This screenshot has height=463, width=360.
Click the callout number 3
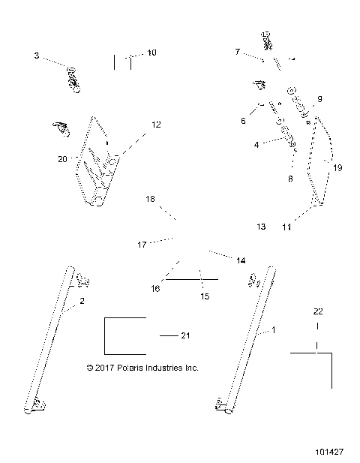point(36,56)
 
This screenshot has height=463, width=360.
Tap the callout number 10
point(151,53)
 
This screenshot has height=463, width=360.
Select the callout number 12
point(156,125)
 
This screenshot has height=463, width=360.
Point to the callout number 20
point(62,159)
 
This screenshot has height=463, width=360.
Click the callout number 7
point(237,52)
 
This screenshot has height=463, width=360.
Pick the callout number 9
point(319,99)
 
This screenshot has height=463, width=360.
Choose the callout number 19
point(337,168)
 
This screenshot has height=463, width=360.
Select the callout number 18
point(151,200)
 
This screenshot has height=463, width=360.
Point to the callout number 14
point(241,260)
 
